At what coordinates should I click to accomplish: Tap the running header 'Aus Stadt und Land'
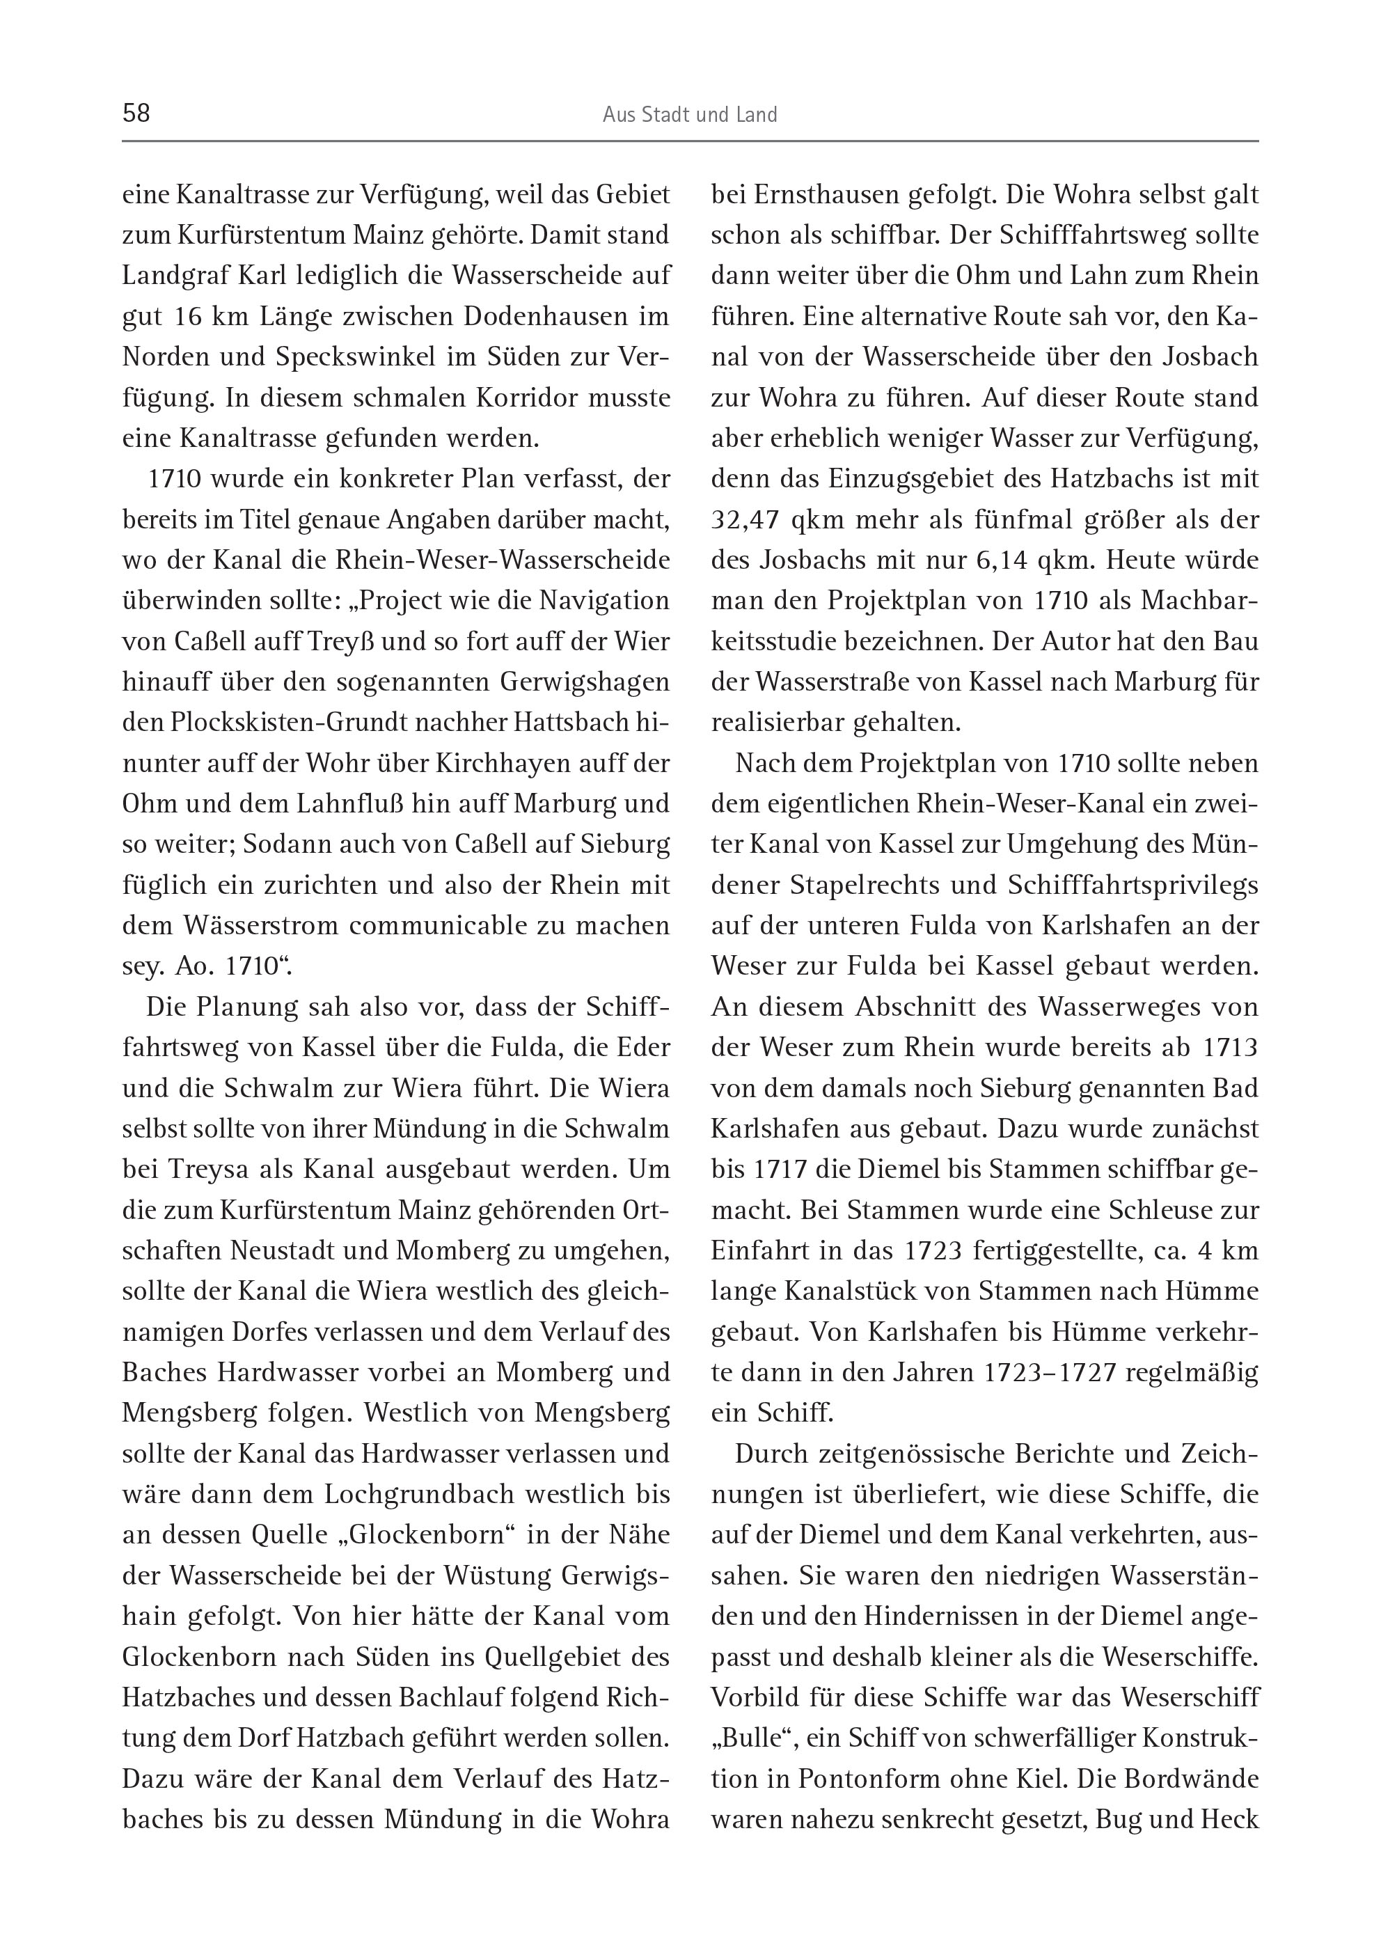[690, 115]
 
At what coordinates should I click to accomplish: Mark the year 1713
[1231, 1047]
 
